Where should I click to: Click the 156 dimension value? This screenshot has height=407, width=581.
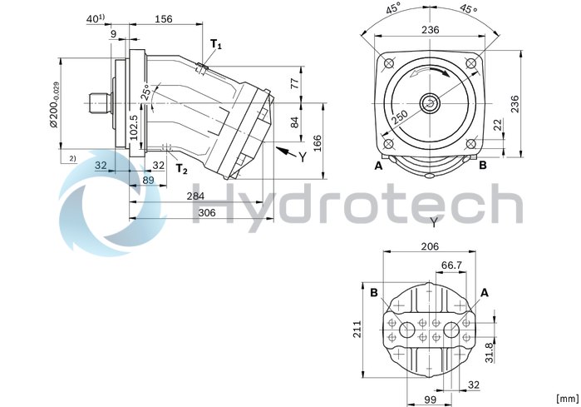(164, 18)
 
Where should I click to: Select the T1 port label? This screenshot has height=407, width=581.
(215, 44)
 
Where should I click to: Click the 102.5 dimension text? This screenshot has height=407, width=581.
(133, 128)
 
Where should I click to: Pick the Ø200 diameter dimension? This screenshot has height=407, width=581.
(52, 104)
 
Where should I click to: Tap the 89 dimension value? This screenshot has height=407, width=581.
(149, 179)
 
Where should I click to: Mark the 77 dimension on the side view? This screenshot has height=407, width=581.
(293, 82)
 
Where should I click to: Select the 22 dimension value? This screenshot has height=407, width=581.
(496, 124)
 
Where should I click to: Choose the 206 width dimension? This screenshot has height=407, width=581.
(429, 247)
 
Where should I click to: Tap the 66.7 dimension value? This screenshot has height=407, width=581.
(451, 265)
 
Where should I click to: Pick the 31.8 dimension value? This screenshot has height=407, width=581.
(490, 354)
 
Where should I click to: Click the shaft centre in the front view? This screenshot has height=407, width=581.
(431, 103)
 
